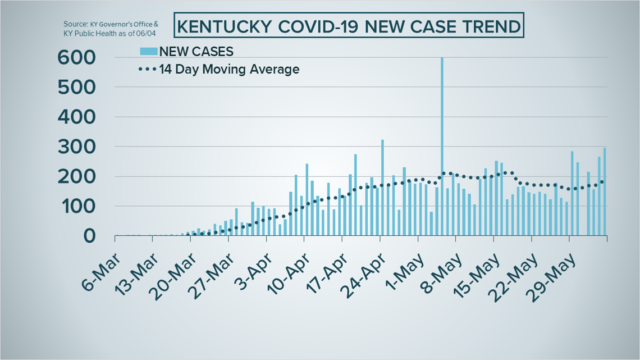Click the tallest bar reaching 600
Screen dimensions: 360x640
442,146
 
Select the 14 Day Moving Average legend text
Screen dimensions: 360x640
229,70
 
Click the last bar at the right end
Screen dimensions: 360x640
605,192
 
